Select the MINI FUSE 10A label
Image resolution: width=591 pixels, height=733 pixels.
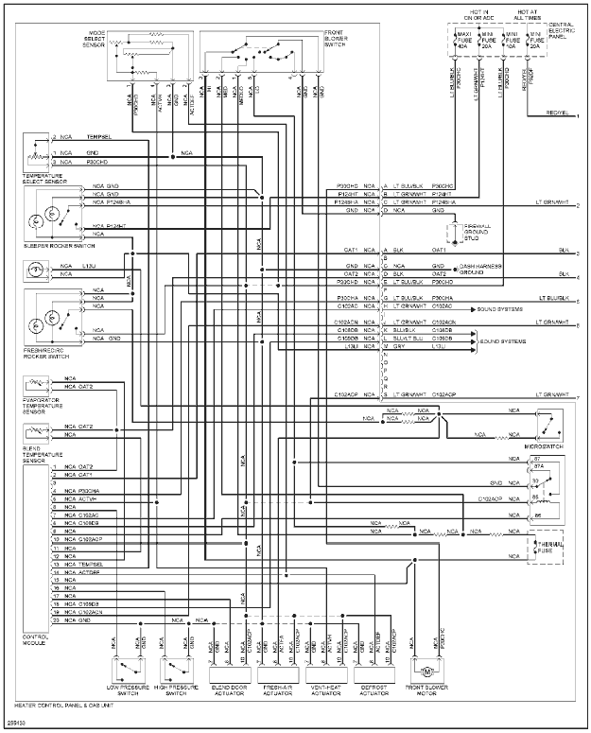[x=512, y=41]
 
